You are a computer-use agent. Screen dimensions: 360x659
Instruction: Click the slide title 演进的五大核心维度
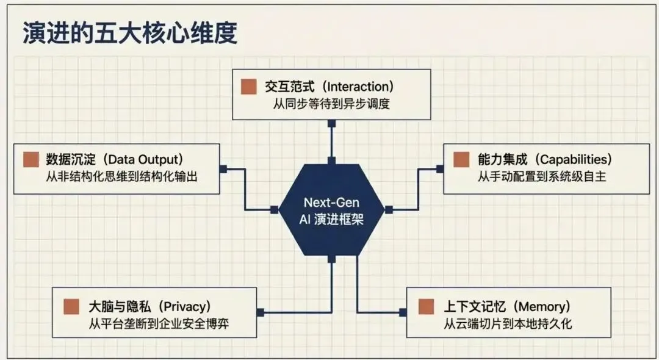tap(129, 34)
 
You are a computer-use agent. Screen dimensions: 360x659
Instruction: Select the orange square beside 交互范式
tap(248, 87)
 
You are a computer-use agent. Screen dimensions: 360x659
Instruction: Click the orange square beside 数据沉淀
tap(31, 160)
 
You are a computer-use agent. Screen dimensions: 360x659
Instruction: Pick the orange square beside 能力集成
tap(461, 160)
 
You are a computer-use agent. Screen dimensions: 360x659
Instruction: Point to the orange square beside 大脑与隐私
tap(72, 306)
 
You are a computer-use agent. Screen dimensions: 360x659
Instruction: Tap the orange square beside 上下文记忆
tap(426, 306)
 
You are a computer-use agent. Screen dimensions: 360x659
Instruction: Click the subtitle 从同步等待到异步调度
tap(331, 104)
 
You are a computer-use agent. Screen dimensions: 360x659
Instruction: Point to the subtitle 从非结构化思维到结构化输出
tap(116, 177)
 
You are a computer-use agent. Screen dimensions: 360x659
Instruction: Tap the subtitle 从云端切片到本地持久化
tap(508, 323)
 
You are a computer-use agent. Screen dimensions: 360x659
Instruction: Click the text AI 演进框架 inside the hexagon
tap(332, 219)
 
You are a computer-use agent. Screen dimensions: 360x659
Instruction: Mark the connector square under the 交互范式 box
tap(331, 123)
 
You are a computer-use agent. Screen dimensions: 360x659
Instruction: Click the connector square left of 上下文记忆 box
tap(403, 312)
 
